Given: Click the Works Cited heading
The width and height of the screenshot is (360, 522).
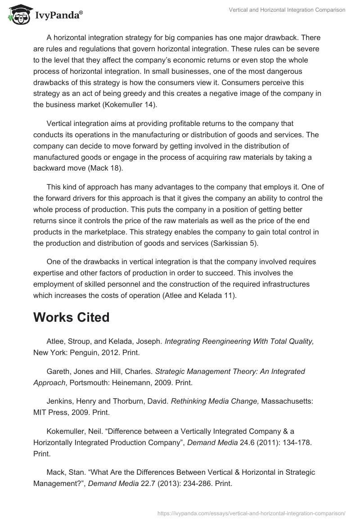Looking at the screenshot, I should (x=71, y=317).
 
